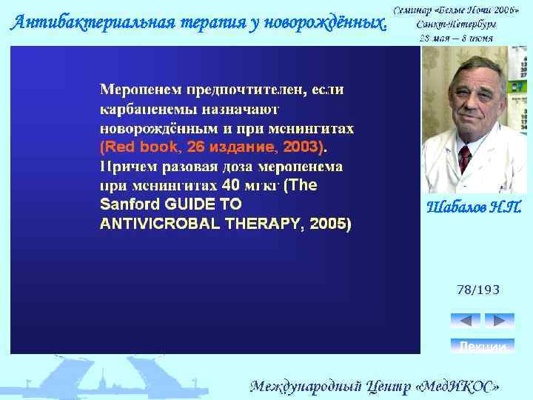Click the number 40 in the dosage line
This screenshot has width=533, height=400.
click(x=231, y=184)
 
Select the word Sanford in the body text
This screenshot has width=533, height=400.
click(x=125, y=204)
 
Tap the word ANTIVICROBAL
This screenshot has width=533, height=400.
click(x=157, y=223)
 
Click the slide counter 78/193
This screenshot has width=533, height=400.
click(x=478, y=290)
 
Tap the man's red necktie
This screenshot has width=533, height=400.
click(x=464, y=158)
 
